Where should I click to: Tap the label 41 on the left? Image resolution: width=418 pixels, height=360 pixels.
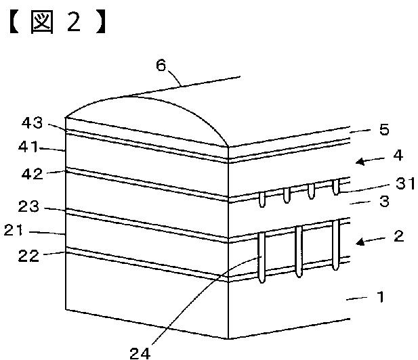30,147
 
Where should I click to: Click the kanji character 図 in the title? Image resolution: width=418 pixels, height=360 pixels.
43,22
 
